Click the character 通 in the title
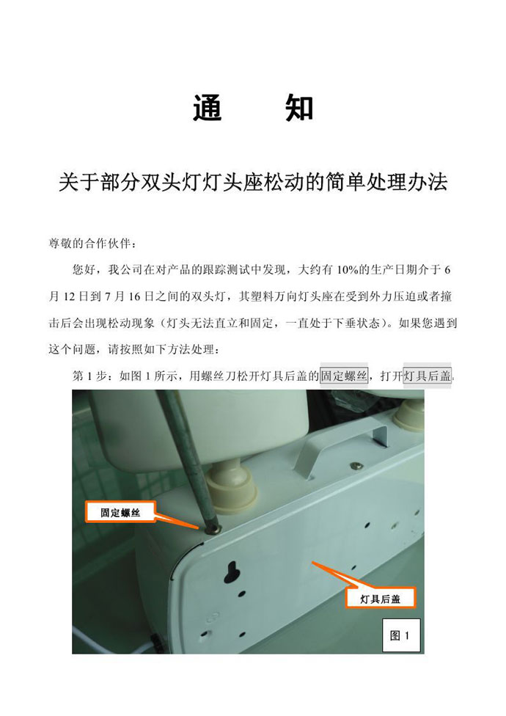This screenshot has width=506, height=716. coord(207,109)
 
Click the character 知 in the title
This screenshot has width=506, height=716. coord(299,109)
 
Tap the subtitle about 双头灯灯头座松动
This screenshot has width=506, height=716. coord(253,182)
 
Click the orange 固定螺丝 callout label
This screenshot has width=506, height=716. coord(120,512)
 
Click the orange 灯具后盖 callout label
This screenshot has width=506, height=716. coord(380,599)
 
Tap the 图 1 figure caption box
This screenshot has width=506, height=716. coord(400,635)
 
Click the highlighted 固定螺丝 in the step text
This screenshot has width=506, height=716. coord(344,376)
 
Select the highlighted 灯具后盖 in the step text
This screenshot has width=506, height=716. coord(428,376)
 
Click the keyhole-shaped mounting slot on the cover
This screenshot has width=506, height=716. coord(232,571)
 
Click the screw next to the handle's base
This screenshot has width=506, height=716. coord(356,465)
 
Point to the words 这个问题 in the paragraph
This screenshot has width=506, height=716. coord(73,350)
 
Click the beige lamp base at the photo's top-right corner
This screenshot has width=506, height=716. coord(408,418)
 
